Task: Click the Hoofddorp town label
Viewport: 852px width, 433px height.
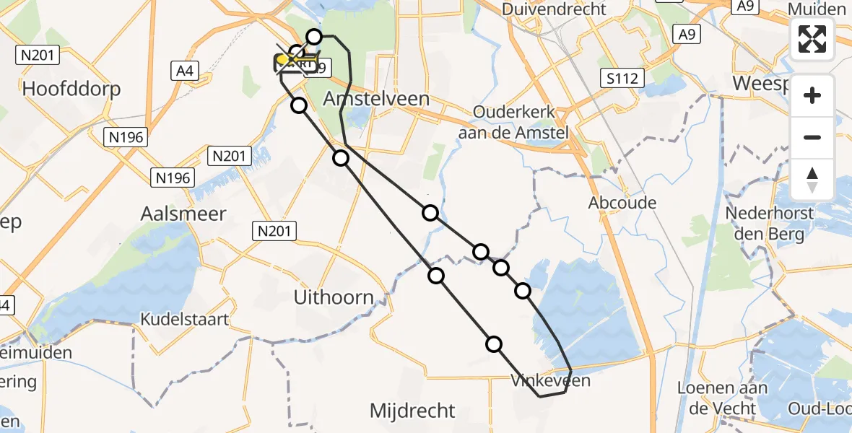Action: pyautogui.click(x=71, y=89)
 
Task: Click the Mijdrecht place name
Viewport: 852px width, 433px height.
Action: pyautogui.click(x=412, y=411)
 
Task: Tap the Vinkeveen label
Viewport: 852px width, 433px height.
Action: pyautogui.click(x=550, y=380)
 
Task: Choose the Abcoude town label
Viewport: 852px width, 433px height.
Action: pyautogui.click(x=622, y=203)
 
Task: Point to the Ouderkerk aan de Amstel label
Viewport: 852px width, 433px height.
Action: pyautogui.click(x=513, y=122)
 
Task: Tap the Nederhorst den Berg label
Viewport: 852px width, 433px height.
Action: pyautogui.click(x=770, y=224)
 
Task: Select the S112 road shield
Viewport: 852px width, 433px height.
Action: pyautogui.click(x=622, y=78)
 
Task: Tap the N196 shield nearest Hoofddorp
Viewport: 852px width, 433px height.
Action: pyautogui.click(x=126, y=137)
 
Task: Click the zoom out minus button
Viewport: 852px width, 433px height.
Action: pyautogui.click(x=812, y=137)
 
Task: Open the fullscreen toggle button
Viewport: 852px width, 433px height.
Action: pyautogui.click(x=812, y=39)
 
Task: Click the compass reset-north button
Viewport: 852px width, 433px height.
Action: pyautogui.click(x=812, y=180)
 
